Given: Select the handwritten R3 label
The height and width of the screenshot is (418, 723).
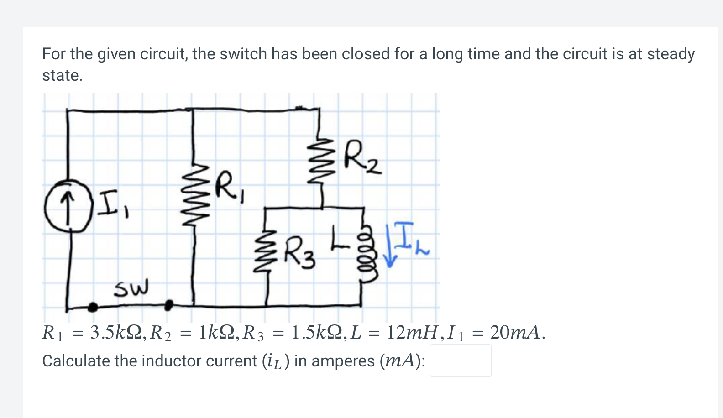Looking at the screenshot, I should pos(299,252).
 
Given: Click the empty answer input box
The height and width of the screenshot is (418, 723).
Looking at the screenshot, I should pos(460,361).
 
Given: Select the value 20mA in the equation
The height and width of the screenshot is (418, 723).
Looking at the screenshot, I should pos(516,333).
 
